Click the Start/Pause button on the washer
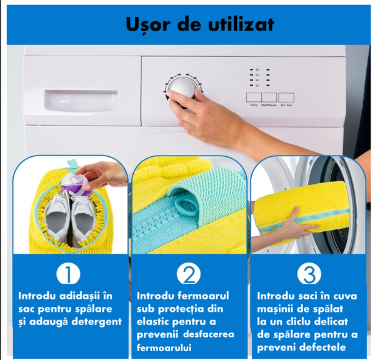[x=269, y=97]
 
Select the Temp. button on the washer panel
[x=253, y=97]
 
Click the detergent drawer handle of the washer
[x=80, y=99]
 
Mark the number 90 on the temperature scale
[x=256, y=69]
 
